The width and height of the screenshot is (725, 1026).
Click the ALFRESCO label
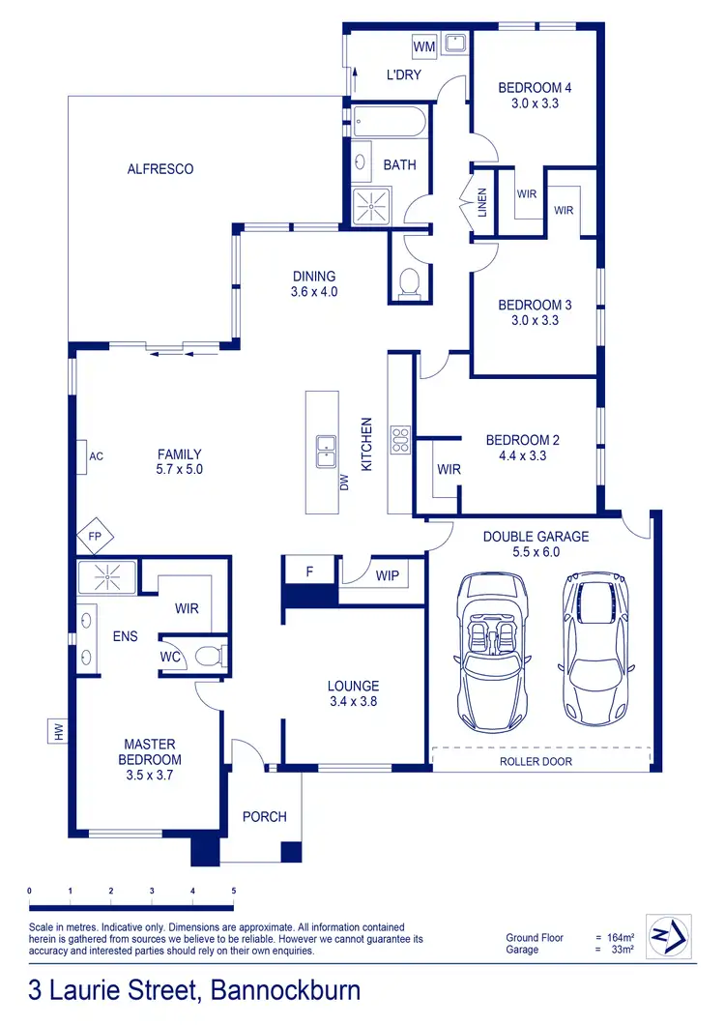(160, 169)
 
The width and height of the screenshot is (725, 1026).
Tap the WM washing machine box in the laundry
(424, 46)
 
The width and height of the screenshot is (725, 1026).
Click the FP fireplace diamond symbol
(95, 534)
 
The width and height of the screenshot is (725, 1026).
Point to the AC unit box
(95, 455)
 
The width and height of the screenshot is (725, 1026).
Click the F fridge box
(309, 572)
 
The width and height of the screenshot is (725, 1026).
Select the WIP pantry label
(387, 576)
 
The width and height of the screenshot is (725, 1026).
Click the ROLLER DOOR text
(536, 761)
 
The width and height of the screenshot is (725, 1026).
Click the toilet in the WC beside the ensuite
(209, 657)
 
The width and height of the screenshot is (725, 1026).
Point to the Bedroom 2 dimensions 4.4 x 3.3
(522, 454)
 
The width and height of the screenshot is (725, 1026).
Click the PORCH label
(264, 816)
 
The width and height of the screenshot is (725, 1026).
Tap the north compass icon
(666, 936)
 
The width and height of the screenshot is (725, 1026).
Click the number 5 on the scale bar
(233, 890)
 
